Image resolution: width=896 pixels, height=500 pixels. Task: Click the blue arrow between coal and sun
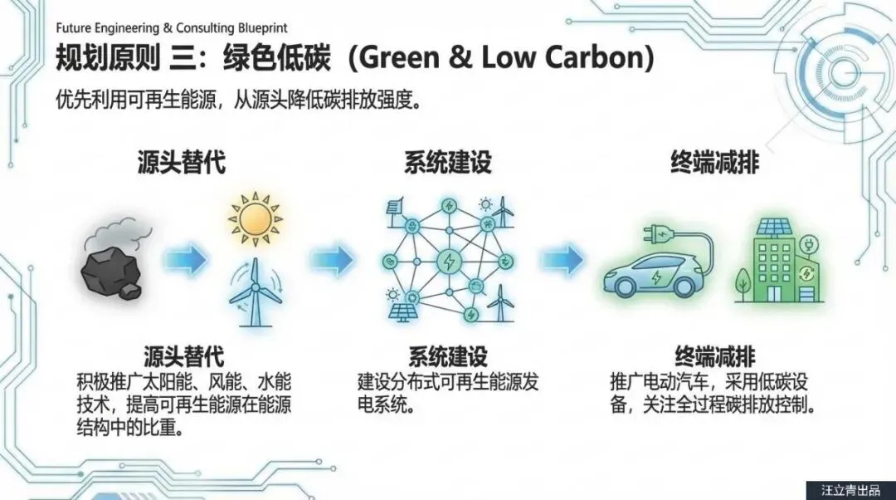coord(185,261)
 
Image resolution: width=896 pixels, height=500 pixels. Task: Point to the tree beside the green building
coord(743,279)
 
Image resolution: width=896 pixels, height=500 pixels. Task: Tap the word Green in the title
coord(402,59)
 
